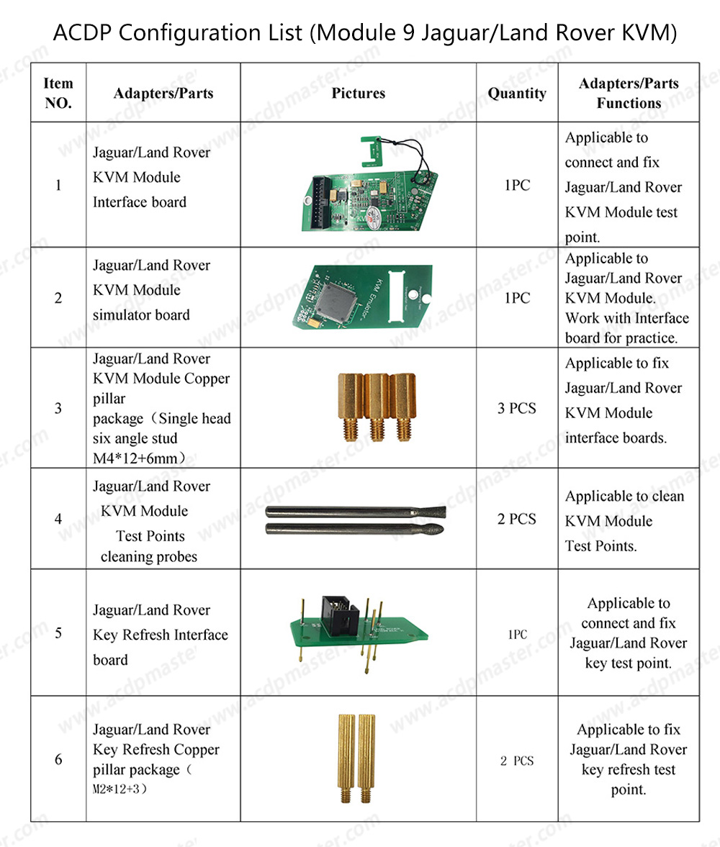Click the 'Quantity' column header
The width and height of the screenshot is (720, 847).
pos(517,93)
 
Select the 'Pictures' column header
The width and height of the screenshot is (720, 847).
pos(358,93)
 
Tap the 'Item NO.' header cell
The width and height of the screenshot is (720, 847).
pos(58,93)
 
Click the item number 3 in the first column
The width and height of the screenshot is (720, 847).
pos(58,408)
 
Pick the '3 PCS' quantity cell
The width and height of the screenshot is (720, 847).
pos(517,408)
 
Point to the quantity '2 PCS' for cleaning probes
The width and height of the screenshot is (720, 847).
pos(517,519)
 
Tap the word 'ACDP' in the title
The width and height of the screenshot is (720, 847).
pos(76,33)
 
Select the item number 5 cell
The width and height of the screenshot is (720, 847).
pos(58,633)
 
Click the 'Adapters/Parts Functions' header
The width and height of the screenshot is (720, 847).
pos(628,93)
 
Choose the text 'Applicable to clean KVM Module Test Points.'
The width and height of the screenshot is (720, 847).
pos(624,521)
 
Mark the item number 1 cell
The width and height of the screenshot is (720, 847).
pos(58,185)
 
